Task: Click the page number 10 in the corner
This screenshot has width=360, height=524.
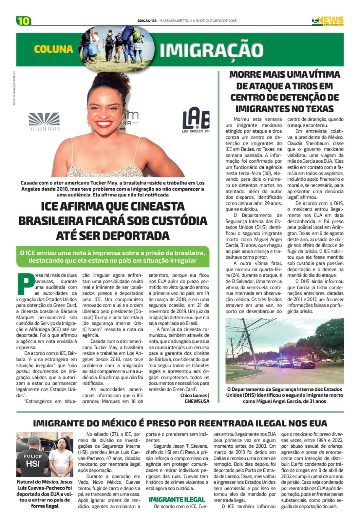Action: [24, 21]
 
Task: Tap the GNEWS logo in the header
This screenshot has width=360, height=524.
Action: [327, 21]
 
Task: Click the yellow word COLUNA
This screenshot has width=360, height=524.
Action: [53, 49]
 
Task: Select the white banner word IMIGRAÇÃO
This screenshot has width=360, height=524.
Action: [212, 50]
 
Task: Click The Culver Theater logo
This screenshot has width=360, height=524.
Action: [44, 122]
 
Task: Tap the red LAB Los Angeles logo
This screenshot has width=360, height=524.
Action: [196, 120]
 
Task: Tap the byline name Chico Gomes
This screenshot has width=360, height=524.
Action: [194, 395]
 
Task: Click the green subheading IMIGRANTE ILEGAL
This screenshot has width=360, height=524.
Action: [177, 499]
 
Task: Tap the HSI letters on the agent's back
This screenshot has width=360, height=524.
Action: [33, 464]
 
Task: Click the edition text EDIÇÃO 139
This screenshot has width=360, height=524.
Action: [147, 21]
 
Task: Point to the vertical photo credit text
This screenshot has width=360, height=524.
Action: [14, 88]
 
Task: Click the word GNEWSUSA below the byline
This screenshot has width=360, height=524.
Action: [197, 401]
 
